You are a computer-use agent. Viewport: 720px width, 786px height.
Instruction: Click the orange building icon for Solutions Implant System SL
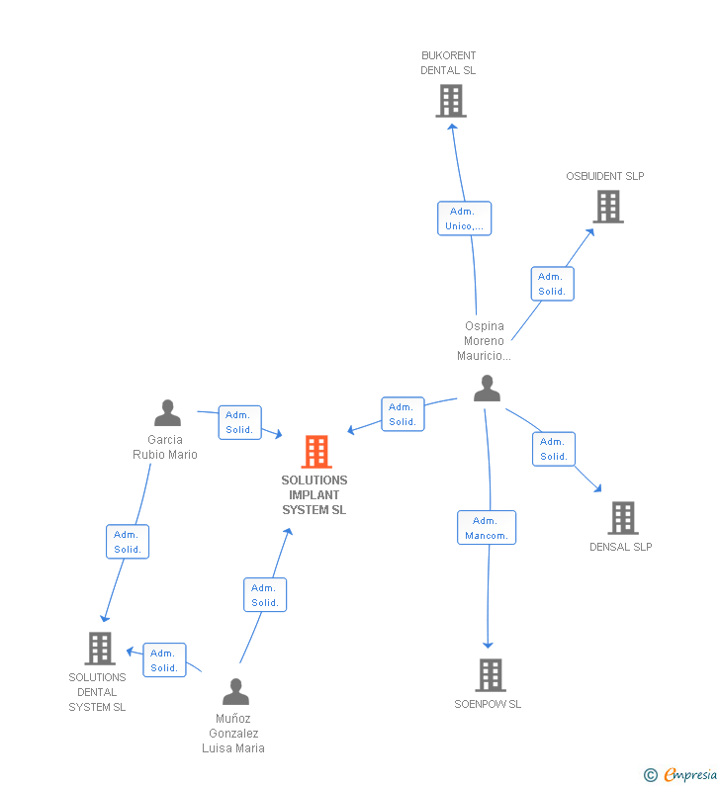click(x=315, y=452)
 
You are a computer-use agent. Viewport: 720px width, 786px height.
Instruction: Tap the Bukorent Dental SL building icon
click(x=450, y=101)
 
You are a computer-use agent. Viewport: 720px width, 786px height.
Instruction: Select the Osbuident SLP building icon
click(x=608, y=207)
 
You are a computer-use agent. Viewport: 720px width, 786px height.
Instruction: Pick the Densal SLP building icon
click(x=622, y=518)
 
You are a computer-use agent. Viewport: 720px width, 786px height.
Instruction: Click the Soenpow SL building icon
click(x=490, y=675)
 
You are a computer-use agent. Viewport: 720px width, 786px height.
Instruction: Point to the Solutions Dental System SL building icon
click(x=100, y=649)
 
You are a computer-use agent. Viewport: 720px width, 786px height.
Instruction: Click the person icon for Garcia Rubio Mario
click(x=168, y=413)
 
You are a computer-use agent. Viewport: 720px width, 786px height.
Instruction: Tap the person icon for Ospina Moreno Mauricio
click(x=487, y=389)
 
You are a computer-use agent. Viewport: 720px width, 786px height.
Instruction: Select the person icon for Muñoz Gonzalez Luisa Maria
click(x=235, y=692)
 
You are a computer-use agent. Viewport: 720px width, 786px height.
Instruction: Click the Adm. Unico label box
click(x=464, y=218)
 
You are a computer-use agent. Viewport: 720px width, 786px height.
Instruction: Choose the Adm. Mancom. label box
click(x=487, y=528)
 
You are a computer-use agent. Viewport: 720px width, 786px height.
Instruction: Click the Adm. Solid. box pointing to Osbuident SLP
click(x=552, y=284)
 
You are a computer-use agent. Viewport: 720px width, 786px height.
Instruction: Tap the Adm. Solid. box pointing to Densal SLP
click(x=554, y=449)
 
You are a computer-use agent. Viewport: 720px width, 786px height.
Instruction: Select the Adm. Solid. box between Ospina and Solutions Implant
click(x=403, y=414)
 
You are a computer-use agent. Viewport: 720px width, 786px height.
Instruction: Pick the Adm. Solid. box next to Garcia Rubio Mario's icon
click(x=239, y=422)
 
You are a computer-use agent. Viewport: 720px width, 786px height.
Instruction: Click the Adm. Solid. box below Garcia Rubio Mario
click(x=128, y=542)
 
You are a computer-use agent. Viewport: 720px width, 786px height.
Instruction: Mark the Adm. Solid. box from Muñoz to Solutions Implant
click(x=265, y=595)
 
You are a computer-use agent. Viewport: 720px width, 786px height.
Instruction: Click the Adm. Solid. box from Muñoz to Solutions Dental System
click(x=164, y=660)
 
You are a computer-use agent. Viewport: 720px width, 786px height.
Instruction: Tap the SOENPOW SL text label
click(x=488, y=704)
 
